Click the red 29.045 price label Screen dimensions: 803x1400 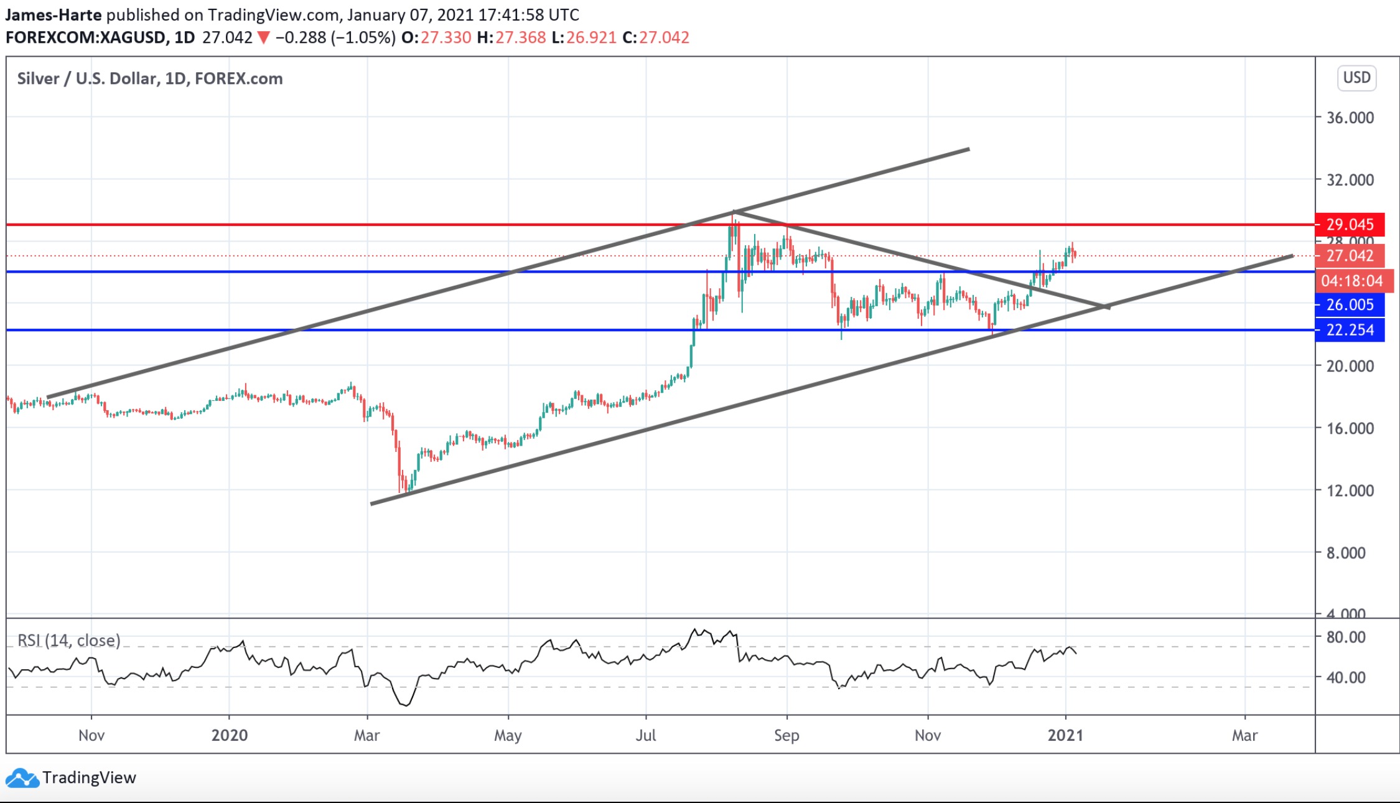pyautogui.click(x=1350, y=224)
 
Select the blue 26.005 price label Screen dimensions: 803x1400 pyautogui.click(x=1350, y=304)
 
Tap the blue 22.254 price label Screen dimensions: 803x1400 pyautogui.click(x=1350, y=330)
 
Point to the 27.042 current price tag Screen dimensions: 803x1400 pyautogui.click(x=1350, y=256)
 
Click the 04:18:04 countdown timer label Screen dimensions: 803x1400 pyautogui.click(x=1351, y=281)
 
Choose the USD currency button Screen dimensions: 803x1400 pyautogui.click(x=1356, y=78)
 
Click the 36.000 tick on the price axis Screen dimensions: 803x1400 pyautogui.click(x=1350, y=118)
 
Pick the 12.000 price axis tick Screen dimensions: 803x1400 pyautogui.click(x=1350, y=491)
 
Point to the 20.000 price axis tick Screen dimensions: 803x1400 pyautogui.click(x=1350, y=366)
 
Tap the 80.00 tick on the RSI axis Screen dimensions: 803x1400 pyautogui.click(x=1345, y=637)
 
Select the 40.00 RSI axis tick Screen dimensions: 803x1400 pyautogui.click(x=1345, y=677)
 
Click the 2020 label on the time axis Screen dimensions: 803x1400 pyautogui.click(x=229, y=735)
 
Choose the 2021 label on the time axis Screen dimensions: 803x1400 pyautogui.click(x=1065, y=735)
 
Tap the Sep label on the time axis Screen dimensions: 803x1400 pyautogui.click(x=786, y=735)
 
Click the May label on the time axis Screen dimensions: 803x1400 pyautogui.click(x=508, y=735)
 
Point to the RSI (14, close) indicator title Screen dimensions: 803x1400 pyautogui.click(x=68, y=640)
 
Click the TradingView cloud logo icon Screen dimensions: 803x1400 pyautogui.click(x=22, y=778)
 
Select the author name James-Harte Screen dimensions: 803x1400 pyautogui.click(x=53, y=14)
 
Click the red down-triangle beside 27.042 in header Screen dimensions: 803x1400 pyautogui.click(x=264, y=38)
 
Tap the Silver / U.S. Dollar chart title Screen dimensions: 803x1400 pyautogui.click(x=149, y=78)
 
